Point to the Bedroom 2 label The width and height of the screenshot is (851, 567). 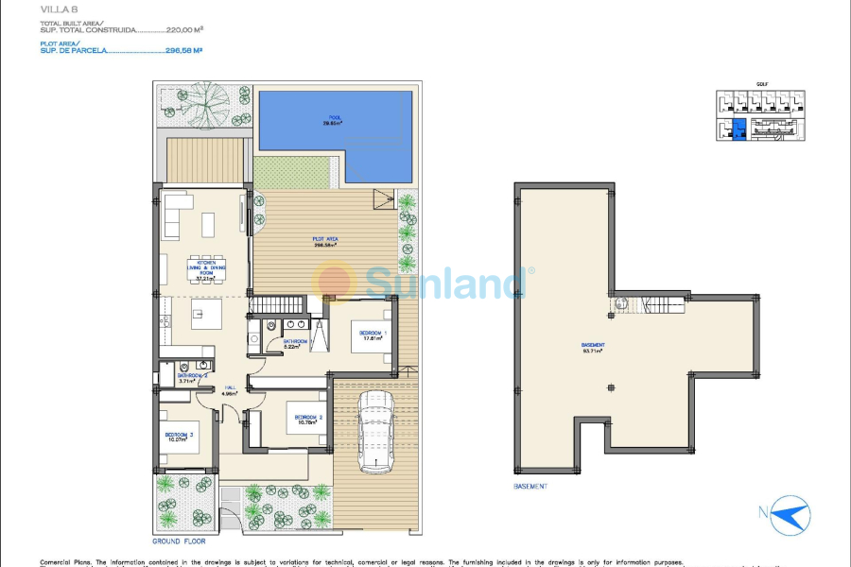click(x=308, y=419)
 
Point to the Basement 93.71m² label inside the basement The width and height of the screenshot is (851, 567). click(x=594, y=347)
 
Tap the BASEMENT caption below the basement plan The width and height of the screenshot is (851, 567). click(x=530, y=487)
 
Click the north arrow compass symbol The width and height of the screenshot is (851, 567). click(x=790, y=515)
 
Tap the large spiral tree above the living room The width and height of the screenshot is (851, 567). click(x=202, y=104)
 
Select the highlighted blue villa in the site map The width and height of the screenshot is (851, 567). click(x=739, y=129)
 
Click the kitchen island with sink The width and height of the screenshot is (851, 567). click(x=207, y=314)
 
